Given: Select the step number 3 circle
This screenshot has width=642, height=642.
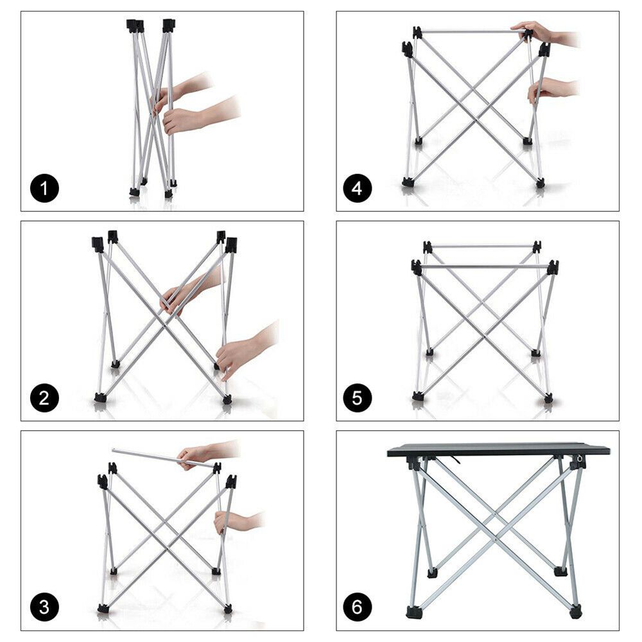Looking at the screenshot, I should pyautogui.click(x=44, y=607).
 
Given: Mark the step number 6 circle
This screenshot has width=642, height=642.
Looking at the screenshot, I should pyautogui.click(x=357, y=607).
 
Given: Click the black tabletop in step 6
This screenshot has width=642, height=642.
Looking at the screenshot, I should pyautogui.click(x=498, y=450).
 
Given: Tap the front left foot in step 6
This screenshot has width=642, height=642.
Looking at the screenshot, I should pyautogui.click(x=415, y=612).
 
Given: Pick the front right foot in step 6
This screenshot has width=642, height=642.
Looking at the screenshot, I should pyautogui.click(x=575, y=612).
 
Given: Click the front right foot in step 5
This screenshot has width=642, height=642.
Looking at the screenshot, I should pyautogui.click(x=548, y=398).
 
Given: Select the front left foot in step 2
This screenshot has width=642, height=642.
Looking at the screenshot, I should pyautogui.click(x=100, y=397).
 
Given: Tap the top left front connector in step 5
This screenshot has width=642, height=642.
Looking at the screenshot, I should pyautogui.click(x=417, y=267).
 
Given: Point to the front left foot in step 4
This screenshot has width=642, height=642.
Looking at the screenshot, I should pyautogui.click(x=408, y=182).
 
